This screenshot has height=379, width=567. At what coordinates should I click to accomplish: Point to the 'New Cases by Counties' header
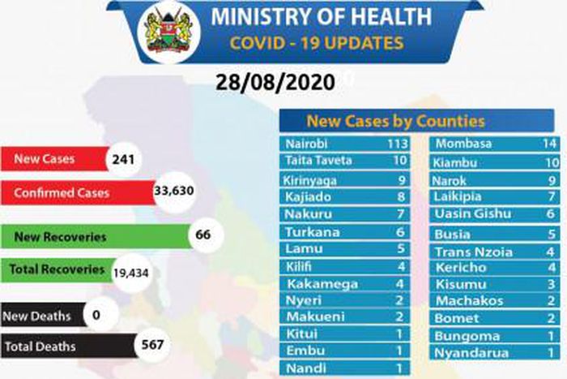point(394,122)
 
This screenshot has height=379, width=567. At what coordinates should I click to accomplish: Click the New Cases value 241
point(123,160)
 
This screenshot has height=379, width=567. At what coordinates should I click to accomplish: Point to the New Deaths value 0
point(97,315)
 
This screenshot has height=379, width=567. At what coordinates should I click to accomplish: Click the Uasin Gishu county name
point(473,214)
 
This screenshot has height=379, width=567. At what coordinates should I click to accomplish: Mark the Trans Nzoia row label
point(475,252)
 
